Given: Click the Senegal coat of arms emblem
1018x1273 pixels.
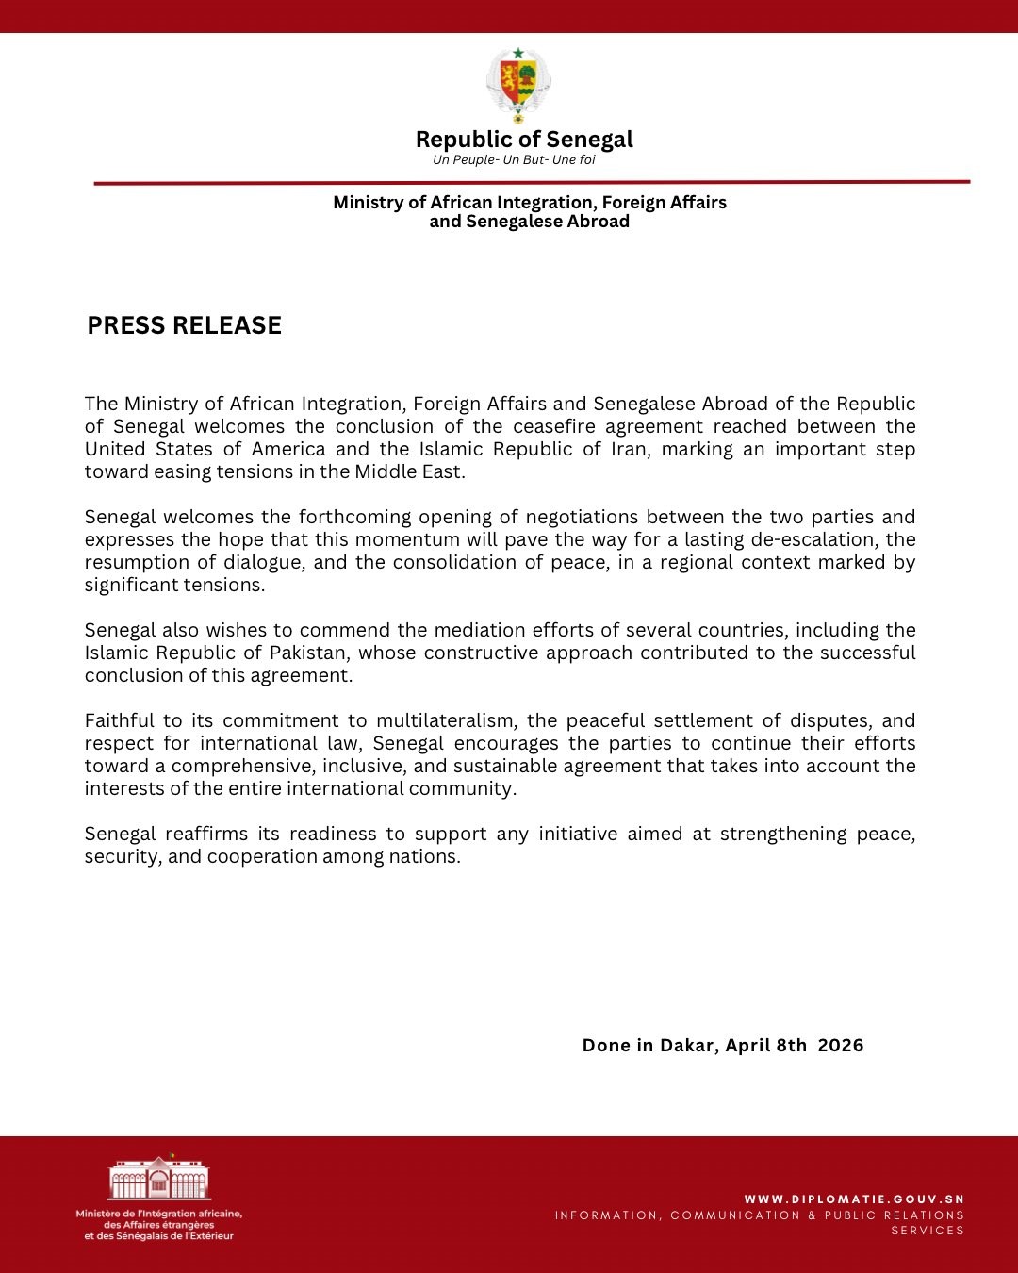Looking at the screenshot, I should coord(517,85).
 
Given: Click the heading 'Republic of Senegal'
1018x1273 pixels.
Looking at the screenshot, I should coord(524,140).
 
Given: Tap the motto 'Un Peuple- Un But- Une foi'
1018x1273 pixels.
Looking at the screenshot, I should coord(514,160).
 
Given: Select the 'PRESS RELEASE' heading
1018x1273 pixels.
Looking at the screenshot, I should coord(185,325).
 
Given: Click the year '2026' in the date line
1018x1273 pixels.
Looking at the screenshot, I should coord(841,1045).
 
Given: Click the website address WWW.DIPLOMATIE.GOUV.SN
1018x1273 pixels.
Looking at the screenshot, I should coord(854,1199).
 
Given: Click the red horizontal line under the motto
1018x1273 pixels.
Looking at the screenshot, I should coord(532,182).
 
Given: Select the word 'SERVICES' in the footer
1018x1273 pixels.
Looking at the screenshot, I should coord(928,1231).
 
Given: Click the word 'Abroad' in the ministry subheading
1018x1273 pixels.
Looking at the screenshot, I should coord(598,222).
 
